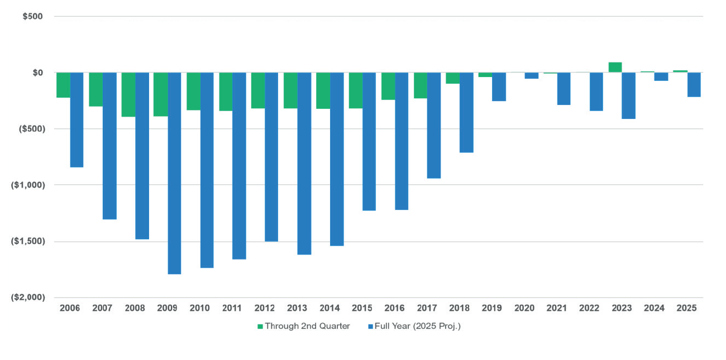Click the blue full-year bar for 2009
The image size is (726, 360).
[x=174, y=173]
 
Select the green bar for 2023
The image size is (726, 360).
[x=615, y=67]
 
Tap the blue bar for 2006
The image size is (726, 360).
[x=77, y=120]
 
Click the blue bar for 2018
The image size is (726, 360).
[x=466, y=112]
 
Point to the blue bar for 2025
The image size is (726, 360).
[x=694, y=85]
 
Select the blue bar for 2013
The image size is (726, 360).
[x=304, y=164]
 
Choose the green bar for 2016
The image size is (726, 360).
[x=388, y=87]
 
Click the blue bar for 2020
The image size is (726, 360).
[x=531, y=76]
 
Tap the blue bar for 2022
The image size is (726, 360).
[x=596, y=92]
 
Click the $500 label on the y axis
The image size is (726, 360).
[x=32, y=16]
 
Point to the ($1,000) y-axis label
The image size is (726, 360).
[x=27, y=185]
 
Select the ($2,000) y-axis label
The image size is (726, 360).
[x=27, y=297]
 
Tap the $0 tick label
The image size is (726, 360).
[x=37, y=73]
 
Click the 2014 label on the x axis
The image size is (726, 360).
[x=329, y=308]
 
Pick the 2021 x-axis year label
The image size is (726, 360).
[x=557, y=308]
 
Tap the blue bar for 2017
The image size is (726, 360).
[x=433, y=126]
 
